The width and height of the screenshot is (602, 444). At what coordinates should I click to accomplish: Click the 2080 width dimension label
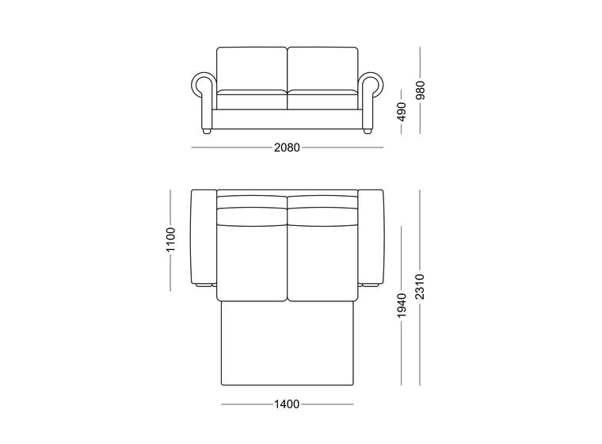287,147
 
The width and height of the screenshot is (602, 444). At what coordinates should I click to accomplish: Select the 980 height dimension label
421,90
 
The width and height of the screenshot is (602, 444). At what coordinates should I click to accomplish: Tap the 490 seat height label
402,112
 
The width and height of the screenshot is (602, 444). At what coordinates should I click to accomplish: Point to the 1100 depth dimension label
170,240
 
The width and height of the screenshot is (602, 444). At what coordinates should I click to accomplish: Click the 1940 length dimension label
402,305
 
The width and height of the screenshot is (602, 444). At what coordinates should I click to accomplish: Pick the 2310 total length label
421,287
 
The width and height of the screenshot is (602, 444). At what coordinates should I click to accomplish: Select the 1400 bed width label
287,404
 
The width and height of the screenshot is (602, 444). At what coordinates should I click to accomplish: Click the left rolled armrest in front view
203,101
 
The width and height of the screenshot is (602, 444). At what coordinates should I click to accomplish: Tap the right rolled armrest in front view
371,101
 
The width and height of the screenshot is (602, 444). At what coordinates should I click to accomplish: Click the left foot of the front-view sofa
207,132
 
